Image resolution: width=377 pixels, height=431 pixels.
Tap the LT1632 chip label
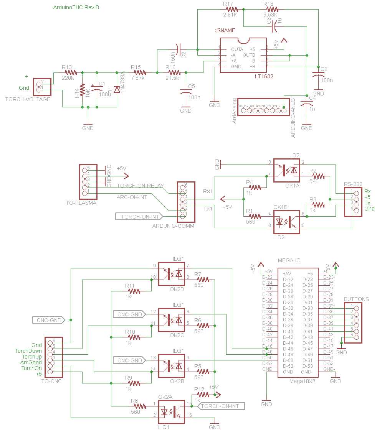click(264, 76)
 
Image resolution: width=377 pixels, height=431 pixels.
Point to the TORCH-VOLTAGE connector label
click(28, 99)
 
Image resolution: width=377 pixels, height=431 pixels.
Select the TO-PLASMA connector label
click(81, 203)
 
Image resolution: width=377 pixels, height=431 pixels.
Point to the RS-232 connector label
click(353, 184)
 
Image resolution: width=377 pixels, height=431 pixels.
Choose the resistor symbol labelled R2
click(318, 176)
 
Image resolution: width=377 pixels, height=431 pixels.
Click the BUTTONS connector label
click(356, 299)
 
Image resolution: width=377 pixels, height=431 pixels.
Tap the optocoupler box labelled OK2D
click(172, 274)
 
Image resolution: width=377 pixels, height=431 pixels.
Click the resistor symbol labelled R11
click(133, 291)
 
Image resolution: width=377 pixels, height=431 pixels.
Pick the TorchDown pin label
click(28, 351)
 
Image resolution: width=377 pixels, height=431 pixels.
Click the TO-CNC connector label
click(51, 381)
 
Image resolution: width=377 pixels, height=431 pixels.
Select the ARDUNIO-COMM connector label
click(173, 226)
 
